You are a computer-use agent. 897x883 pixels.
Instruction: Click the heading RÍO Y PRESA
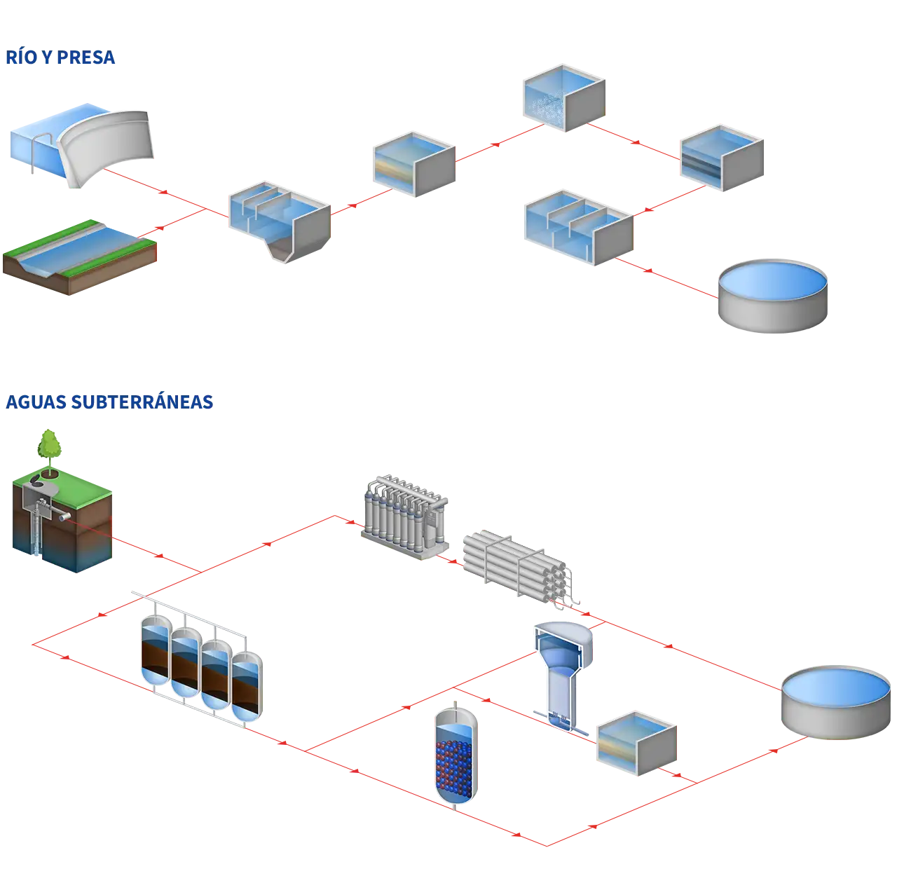point(61,58)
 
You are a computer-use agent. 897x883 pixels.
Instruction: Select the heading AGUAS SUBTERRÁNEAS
point(109,402)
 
